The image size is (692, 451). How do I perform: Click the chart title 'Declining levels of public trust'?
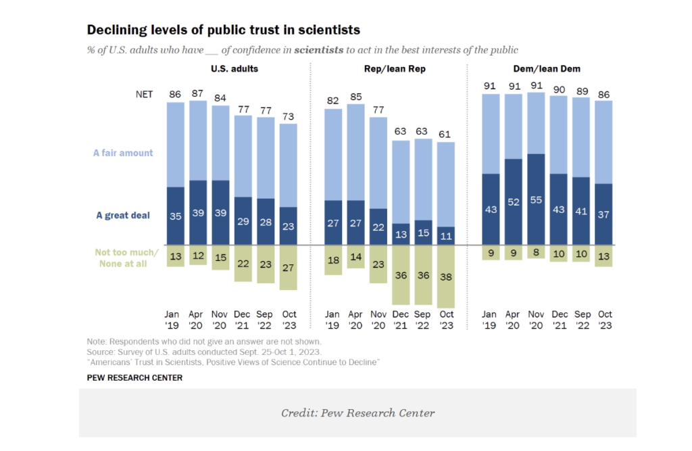coord(223,30)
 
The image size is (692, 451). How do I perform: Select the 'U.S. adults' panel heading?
coord(234,69)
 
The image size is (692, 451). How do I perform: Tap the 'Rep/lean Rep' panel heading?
coord(391,69)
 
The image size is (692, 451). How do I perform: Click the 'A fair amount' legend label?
coord(123,153)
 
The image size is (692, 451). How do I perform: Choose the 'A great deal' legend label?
coord(123,216)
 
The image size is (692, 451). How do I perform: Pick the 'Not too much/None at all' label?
coord(126,258)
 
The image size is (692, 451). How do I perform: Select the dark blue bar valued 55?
coord(535,199)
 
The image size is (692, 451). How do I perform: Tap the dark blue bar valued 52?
coord(513,201)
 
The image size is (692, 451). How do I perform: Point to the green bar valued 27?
coord(288,267)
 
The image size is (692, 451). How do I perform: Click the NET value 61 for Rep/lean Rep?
coord(446,135)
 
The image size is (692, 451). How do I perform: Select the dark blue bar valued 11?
coord(446,236)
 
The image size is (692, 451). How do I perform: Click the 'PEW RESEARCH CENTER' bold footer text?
coord(134,378)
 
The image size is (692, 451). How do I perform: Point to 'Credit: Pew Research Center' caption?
coord(357,413)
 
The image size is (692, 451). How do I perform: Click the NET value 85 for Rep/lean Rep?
coord(355,97)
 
